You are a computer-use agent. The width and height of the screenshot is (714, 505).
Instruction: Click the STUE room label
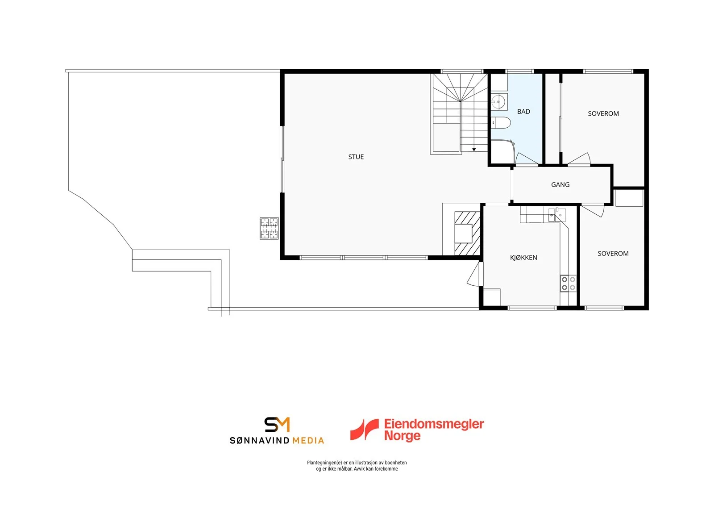click(356, 157)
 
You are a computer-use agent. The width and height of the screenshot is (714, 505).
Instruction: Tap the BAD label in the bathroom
click(523, 112)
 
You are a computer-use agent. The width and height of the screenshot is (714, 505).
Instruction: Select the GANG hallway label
click(560, 185)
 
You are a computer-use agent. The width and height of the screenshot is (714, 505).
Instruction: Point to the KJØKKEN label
click(523, 258)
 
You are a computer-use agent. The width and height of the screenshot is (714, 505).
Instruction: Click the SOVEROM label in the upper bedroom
click(603, 113)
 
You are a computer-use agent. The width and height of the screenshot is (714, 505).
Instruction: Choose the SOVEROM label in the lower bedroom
click(613, 254)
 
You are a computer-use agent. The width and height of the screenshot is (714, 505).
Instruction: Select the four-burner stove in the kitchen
click(569, 284)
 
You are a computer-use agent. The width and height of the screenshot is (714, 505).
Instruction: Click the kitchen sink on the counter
click(557, 215)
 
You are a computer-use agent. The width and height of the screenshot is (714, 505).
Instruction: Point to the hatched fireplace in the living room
click(467, 234)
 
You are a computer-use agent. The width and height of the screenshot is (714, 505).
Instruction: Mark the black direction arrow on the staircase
click(474, 150)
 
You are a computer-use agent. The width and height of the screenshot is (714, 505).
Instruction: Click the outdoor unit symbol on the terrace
click(269, 229)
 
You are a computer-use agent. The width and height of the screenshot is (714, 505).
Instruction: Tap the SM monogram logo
click(277, 424)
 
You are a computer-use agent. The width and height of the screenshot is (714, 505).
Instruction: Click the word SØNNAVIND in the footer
click(259, 441)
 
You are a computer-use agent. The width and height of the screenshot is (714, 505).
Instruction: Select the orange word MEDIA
click(308, 441)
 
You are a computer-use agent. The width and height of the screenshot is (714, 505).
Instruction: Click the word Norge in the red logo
click(402, 436)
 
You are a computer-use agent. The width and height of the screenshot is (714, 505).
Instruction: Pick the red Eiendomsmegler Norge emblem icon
click(364, 430)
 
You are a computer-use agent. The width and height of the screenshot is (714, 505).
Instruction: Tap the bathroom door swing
click(527, 159)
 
